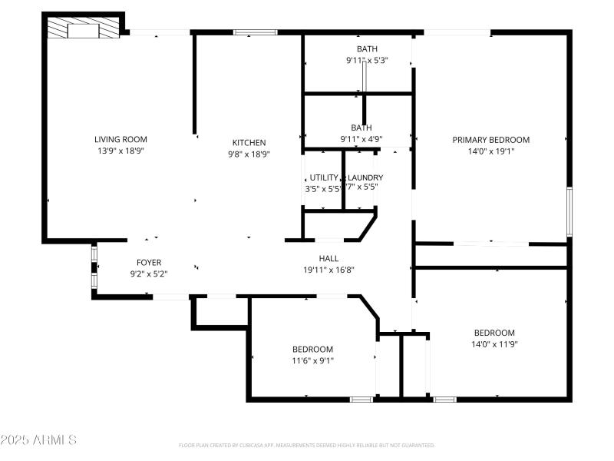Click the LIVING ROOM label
coord(120,139)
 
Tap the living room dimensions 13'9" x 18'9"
coord(120,151)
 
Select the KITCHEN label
coord(249,142)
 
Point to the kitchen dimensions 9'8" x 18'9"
coord(249,154)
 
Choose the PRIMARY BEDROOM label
coord(490,140)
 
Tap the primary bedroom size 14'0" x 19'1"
coord(490,151)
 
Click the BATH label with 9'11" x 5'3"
coord(367,48)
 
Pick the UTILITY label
coord(323,177)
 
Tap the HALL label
coord(328,258)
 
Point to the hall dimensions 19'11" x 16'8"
coord(328,270)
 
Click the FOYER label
coord(149,262)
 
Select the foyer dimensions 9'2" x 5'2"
coord(149,274)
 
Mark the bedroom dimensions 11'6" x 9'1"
coord(312,360)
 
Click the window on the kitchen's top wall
coord(256,32)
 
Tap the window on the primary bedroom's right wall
coord(569,212)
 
